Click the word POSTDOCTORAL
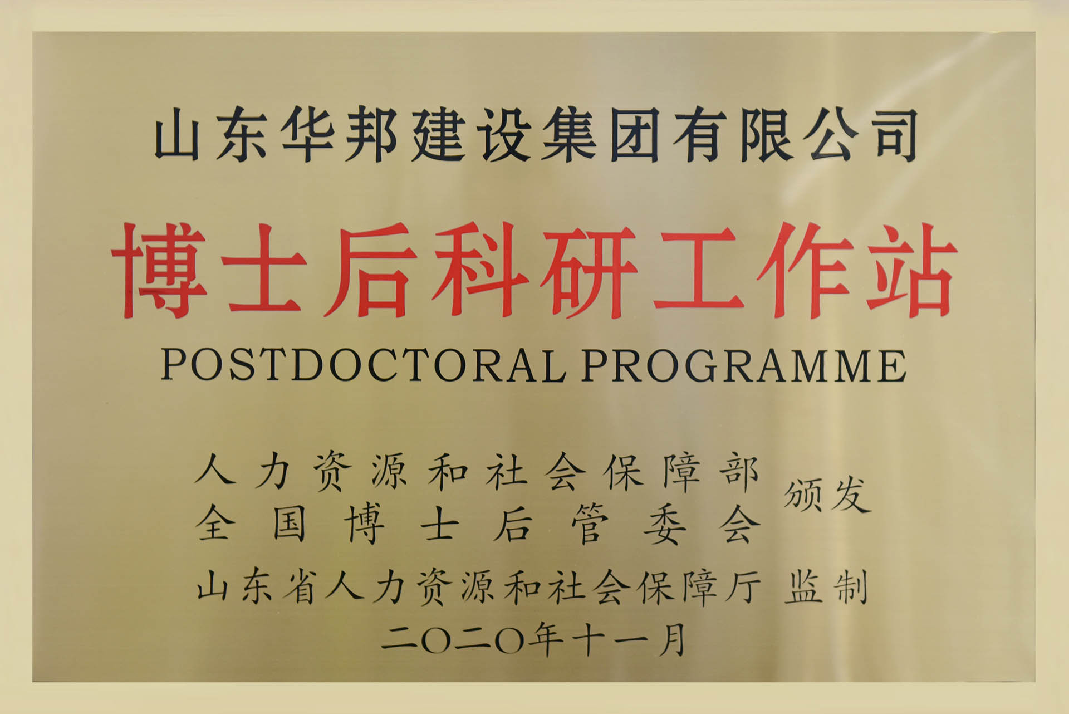(x=362, y=366)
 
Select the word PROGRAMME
(x=744, y=366)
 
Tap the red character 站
(x=911, y=271)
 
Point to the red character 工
(x=699, y=271)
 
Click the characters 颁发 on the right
(x=827, y=495)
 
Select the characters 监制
(x=826, y=589)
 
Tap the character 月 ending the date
(x=671, y=639)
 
